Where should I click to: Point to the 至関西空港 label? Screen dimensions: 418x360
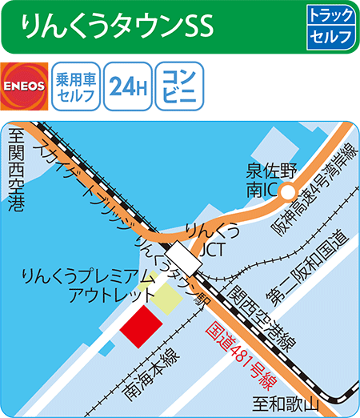(x=15, y=172)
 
